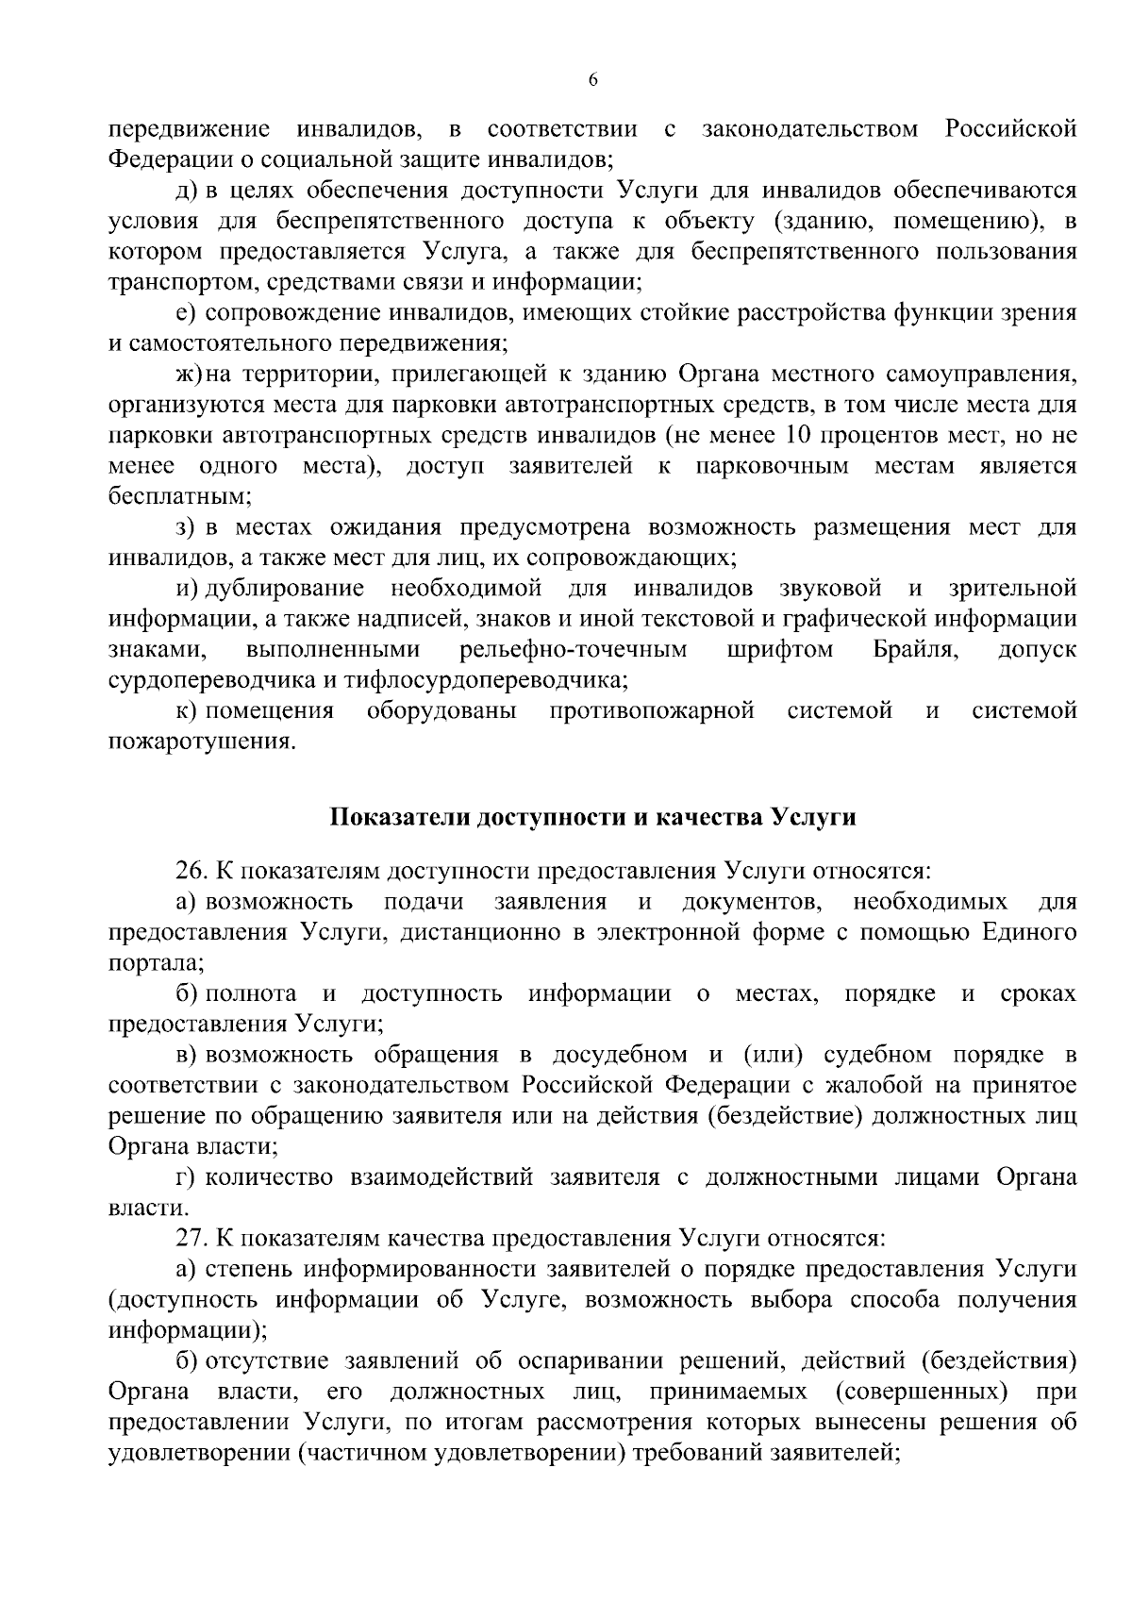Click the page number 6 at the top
click(x=592, y=80)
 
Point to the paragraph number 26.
click(x=192, y=871)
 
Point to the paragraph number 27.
click(x=192, y=1237)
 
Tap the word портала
click(x=154, y=963)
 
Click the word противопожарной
click(x=652, y=710)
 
